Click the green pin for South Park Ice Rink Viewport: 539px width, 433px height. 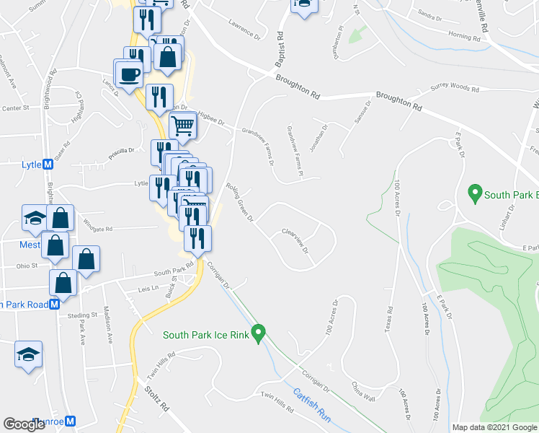point(261,334)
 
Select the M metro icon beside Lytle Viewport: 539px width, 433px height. point(48,165)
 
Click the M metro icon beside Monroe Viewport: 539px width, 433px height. point(71,421)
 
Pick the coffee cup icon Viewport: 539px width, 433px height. point(130,74)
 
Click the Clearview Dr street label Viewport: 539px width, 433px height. point(295,240)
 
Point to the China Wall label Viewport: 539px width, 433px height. point(363,392)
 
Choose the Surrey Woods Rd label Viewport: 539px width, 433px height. point(455,89)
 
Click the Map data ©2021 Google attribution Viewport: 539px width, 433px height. point(494,427)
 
